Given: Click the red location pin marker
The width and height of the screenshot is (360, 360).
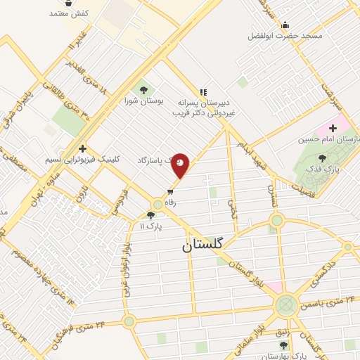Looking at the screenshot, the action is tap(180, 165).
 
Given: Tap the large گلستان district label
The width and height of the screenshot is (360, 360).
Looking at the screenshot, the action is tap(202, 245).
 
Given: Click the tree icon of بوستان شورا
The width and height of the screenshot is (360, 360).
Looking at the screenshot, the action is tap(144, 89).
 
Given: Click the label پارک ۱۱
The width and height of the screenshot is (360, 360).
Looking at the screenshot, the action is tap(150, 227).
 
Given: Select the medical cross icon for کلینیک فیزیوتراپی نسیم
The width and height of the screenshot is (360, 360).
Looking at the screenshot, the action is tap(83, 148).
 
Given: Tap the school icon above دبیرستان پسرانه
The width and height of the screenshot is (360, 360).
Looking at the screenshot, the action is tap(203, 91).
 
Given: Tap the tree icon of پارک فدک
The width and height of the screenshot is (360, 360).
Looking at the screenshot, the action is tap(322, 158).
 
